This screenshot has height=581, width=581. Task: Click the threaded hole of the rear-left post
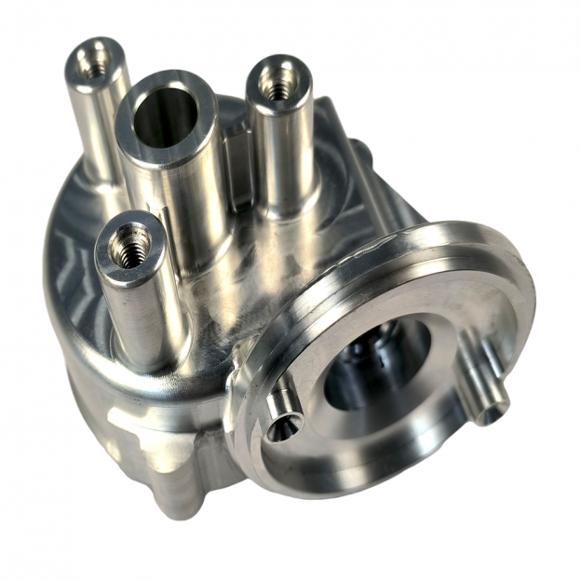(94, 61)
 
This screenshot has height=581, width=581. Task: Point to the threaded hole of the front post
(128, 246)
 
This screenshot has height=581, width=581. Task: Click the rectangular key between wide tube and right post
(240, 163)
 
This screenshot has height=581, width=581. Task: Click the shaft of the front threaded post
(140, 317)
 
